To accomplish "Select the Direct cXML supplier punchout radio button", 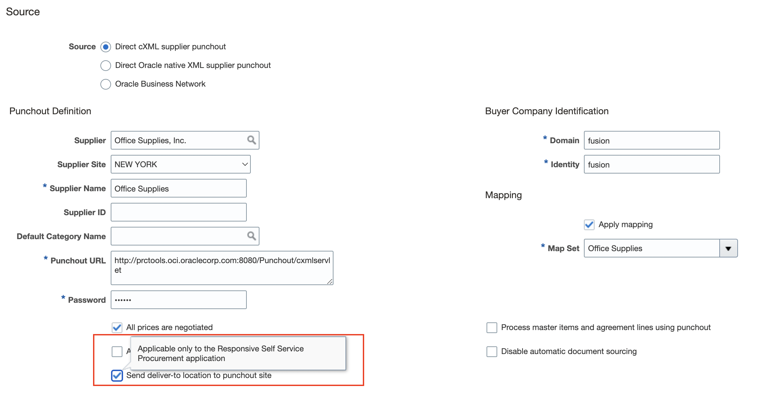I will pos(106,47).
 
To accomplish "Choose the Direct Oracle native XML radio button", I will pos(106,66).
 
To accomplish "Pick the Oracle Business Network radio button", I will pos(106,84).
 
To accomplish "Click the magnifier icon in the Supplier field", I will pos(251,140).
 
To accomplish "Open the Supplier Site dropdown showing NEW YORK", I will pos(180,164).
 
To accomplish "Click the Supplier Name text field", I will pos(178,189).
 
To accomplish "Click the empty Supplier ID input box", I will pos(178,212).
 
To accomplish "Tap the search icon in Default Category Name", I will pos(251,236).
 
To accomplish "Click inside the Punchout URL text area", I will pos(222,268).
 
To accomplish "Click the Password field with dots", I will pos(178,300).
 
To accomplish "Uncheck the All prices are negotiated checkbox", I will pos(117,327).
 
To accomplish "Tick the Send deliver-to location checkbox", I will pos(117,375).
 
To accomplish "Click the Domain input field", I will pos(651,141).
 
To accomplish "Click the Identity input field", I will pos(651,165).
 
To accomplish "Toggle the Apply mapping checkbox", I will pos(589,225).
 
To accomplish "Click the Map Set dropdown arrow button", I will pos(728,248).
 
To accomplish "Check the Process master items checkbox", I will pos(492,328).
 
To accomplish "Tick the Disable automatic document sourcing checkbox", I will pos(492,352).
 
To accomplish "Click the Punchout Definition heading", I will pos(50,111).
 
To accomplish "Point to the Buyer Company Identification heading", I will pos(547,111).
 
